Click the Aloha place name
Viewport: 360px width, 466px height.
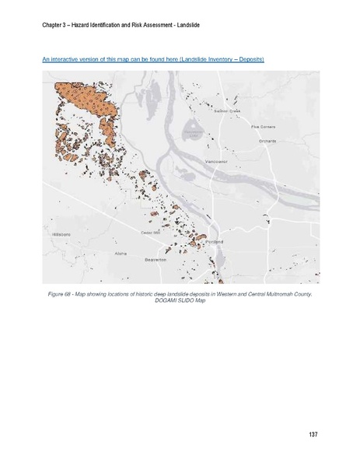coord(120,254)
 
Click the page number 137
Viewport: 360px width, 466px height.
coord(312,433)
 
